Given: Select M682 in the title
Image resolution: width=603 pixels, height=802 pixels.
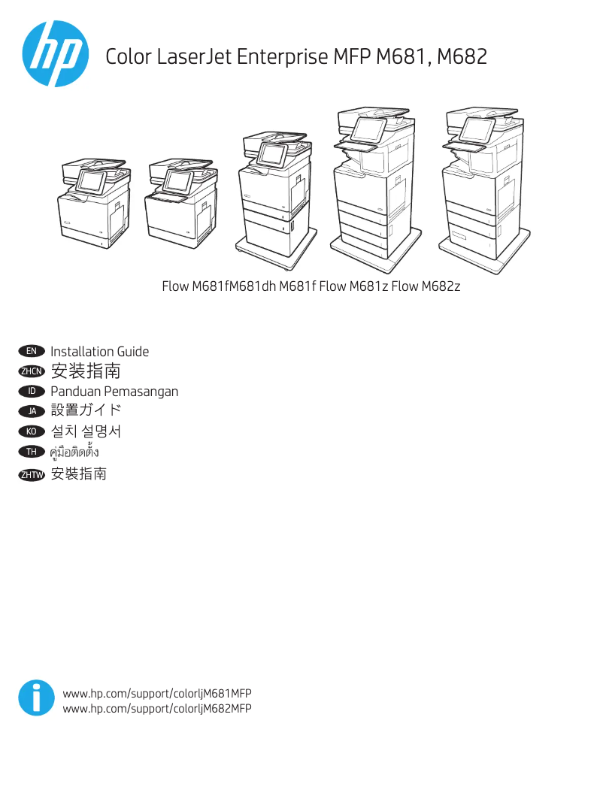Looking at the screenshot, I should tap(462, 56).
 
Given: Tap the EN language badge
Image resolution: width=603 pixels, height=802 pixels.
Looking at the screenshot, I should tap(32, 351).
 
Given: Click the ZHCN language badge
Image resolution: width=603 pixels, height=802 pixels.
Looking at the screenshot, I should tap(32, 371).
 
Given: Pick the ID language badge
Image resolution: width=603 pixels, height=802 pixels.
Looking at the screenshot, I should tap(32, 392).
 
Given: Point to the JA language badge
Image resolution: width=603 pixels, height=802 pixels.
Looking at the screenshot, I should tap(32, 411).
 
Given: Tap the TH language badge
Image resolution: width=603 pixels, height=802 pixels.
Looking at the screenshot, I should tap(32, 452).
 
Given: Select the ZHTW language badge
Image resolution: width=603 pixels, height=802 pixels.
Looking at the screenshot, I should tap(32, 474).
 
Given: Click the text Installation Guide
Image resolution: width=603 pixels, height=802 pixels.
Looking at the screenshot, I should tap(99, 352).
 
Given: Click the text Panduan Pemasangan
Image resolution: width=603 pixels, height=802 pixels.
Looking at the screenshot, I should tap(114, 392).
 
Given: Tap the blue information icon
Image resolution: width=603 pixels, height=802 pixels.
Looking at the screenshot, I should tap(36, 698).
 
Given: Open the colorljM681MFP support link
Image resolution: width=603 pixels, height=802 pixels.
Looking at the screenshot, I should tap(157, 694).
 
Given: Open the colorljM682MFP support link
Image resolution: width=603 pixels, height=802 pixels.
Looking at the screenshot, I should tap(157, 709).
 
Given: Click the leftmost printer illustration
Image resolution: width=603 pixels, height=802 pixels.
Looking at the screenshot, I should tap(93, 201).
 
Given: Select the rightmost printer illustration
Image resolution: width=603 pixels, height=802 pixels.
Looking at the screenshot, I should tap(480, 188).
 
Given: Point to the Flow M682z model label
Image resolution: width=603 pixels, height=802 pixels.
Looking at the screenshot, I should tap(426, 286).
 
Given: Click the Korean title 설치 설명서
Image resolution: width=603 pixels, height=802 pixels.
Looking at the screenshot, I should tap(86, 431).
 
